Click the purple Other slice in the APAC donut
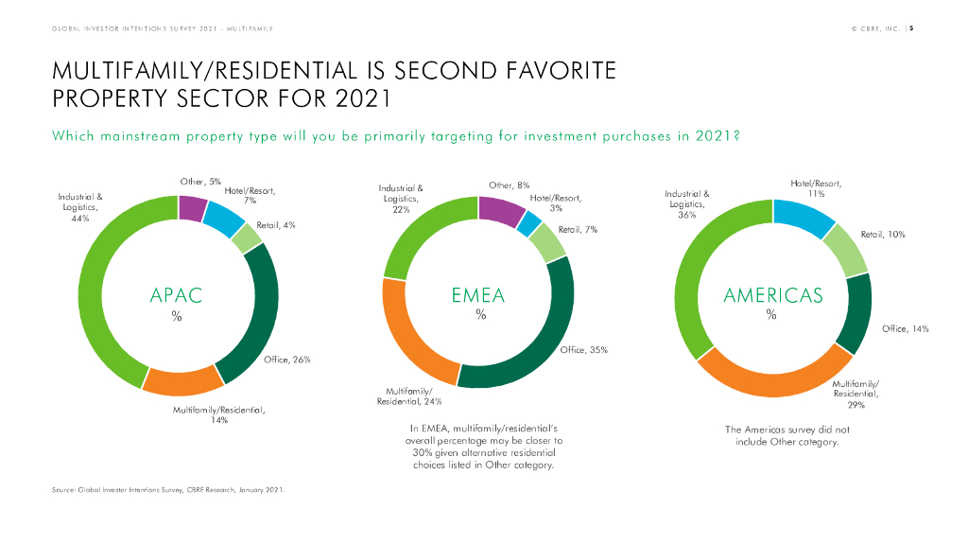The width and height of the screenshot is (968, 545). coord(192,207)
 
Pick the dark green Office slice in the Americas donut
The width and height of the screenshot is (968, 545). coord(857,311)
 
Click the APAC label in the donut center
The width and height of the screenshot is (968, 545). coord(177,295)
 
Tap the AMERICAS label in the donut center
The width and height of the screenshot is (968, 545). coord(772,295)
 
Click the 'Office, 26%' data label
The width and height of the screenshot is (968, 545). coord(288,360)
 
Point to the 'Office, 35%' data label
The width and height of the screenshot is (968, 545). coord(583,350)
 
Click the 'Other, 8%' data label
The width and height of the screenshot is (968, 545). coord(509,185)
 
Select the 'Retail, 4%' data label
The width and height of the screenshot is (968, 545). coord(276,225)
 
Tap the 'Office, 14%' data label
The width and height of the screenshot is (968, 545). coord(905,329)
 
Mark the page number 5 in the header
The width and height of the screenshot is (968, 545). coord(911,27)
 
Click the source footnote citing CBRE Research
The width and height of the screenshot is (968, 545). coord(168,490)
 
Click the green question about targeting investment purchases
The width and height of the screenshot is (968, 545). coord(395,135)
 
